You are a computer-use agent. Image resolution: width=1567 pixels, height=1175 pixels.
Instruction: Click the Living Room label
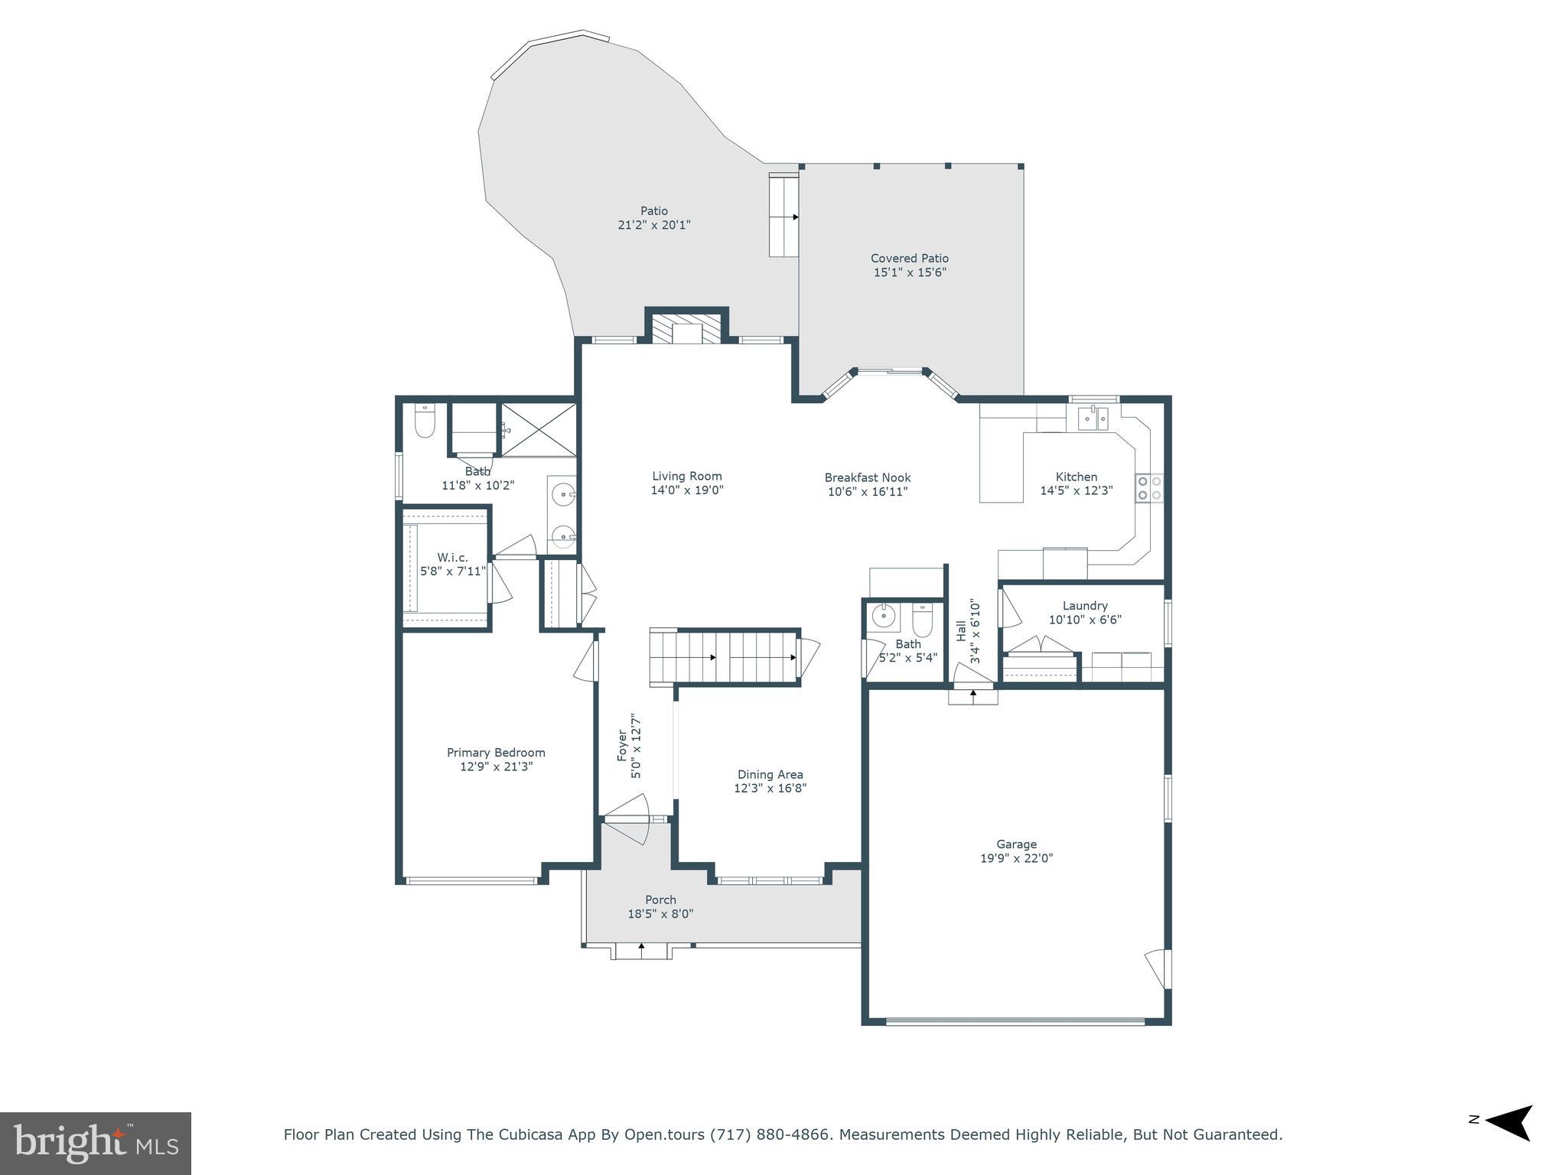click(686, 476)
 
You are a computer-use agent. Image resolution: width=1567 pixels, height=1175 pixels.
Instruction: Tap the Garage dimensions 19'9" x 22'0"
click(1016, 858)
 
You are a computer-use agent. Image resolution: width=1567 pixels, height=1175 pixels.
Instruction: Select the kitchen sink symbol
click(1093, 418)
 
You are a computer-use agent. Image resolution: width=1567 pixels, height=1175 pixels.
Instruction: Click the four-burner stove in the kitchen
click(1148, 488)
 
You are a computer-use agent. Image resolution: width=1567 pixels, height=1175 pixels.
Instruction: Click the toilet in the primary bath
click(425, 422)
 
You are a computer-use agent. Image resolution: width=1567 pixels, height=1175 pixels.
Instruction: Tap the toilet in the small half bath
click(924, 621)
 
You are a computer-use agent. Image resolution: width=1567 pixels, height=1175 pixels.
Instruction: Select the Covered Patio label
click(909, 259)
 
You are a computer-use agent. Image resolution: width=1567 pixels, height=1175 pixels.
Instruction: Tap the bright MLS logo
click(96, 1144)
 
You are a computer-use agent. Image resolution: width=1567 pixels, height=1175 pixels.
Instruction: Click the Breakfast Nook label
click(867, 477)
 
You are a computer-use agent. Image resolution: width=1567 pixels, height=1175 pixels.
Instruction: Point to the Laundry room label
click(1084, 606)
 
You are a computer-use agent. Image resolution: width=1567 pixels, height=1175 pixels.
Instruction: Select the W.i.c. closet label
click(452, 558)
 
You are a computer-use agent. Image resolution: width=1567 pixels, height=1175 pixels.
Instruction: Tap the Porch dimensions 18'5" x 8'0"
click(660, 913)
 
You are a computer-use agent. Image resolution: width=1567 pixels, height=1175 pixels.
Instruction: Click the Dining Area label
click(770, 774)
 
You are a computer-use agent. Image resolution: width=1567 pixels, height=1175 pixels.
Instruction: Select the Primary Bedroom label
click(496, 753)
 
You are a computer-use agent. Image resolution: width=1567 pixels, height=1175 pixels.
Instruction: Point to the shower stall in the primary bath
click(538, 430)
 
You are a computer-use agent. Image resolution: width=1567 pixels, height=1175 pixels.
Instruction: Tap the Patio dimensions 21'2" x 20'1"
click(653, 225)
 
